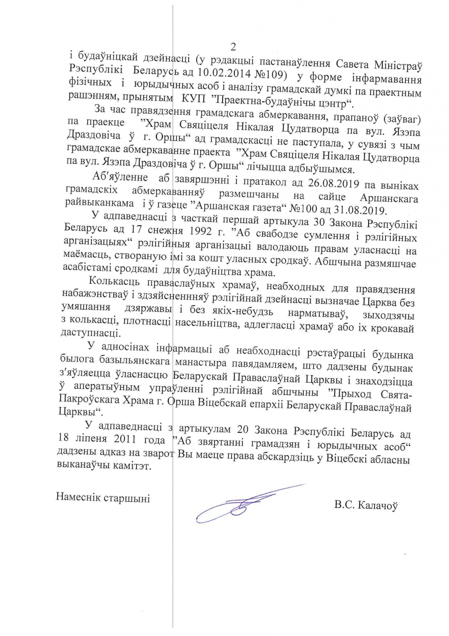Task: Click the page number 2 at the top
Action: [x=232, y=47]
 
